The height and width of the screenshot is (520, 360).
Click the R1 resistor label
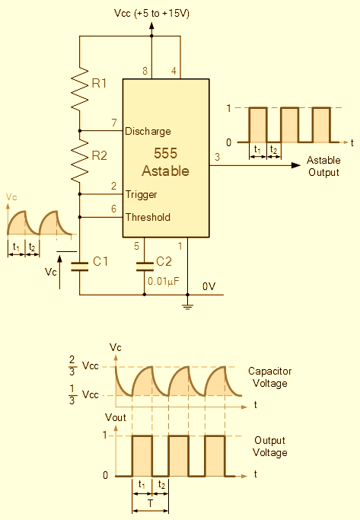[99, 83]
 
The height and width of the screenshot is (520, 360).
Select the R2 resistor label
[100, 155]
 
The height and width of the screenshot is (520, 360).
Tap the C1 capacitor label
[100, 262]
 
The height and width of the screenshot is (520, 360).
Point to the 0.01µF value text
[164, 282]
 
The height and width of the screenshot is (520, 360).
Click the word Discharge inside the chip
[148, 132]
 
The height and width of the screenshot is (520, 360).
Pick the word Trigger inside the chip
[142, 195]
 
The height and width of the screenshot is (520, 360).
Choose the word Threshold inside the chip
[148, 217]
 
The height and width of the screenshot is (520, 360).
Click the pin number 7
[114, 123]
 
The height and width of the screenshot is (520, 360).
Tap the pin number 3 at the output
[217, 157]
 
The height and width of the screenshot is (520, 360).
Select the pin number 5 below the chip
[136, 246]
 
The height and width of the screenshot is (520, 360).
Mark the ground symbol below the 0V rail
[188, 306]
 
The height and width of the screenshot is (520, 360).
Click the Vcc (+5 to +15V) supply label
[151, 14]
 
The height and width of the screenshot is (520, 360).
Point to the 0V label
[209, 286]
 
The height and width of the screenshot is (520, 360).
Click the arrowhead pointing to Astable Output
[296, 165]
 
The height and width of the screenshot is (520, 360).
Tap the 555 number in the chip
[165, 153]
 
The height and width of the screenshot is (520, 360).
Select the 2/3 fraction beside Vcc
[72, 365]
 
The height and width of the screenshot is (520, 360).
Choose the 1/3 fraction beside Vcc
[72, 394]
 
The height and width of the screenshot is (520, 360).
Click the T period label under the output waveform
[151, 503]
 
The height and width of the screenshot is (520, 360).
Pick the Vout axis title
[116, 417]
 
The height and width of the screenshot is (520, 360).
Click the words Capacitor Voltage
[270, 377]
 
